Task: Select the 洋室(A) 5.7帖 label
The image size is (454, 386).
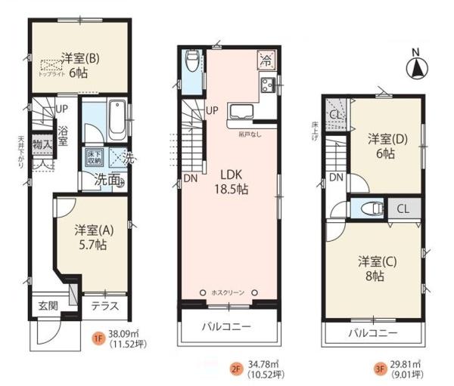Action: tap(89, 237)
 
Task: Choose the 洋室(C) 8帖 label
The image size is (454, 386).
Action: tap(374, 269)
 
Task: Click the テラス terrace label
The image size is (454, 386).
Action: tap(104, 307)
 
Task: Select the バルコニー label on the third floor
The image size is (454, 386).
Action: tap(372, 332)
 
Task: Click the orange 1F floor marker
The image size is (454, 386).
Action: tap(98, 338)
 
